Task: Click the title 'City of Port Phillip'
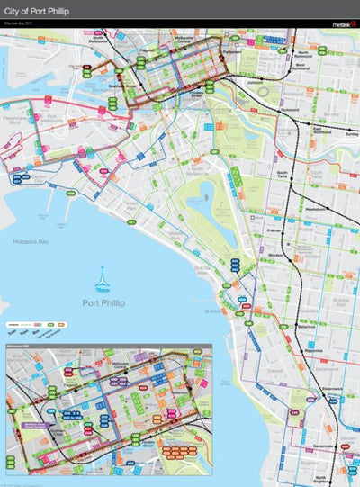coord(36,11)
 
